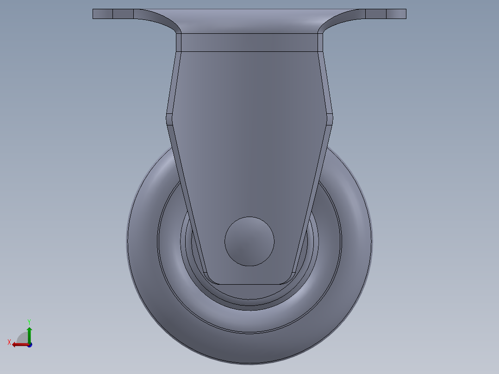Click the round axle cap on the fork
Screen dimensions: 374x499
point(249,241)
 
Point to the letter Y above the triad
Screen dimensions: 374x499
point(29,321)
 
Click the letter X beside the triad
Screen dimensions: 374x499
point(9,342)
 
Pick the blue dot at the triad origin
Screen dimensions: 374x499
point(30,345)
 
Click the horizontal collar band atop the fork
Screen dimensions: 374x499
point(249,42)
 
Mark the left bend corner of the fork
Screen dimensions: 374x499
point(169,118)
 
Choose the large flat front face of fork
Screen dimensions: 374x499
point(249,139)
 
